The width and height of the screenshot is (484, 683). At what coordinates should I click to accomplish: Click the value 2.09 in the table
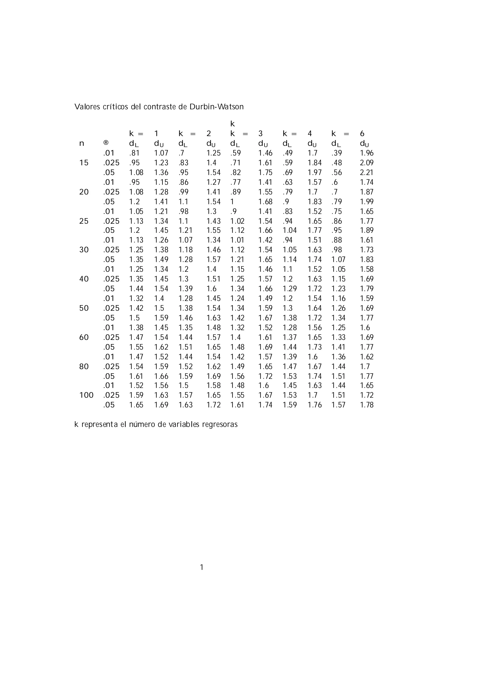tap(367, 163)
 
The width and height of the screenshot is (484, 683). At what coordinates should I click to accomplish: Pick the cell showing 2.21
tap(367, 172)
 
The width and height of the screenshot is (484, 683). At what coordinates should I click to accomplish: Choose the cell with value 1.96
tap(367, 153)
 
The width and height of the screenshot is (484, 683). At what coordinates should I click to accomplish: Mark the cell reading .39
tap(337, 153)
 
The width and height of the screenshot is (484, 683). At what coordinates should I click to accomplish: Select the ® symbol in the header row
tap(106, 143)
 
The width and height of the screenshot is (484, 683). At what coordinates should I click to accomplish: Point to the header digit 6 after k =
tap(362, 133)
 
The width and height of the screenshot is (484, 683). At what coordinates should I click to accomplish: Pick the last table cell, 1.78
tap(367, 405)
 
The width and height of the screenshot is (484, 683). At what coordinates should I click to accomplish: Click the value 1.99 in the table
tap(367, 202)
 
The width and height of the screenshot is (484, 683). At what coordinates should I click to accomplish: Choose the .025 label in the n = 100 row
tap(111, 395)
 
